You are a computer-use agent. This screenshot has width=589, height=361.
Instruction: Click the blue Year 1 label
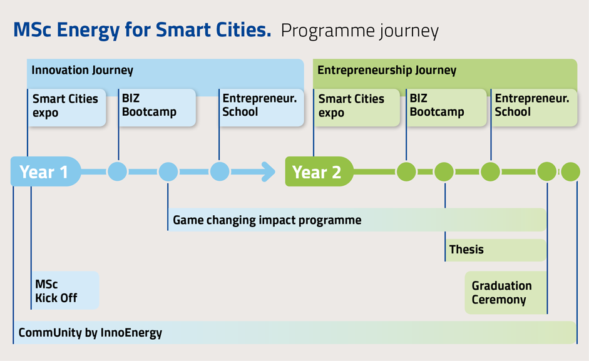click(x=46, y=171)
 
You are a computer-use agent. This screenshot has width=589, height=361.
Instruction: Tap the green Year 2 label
click(x=319, y=171)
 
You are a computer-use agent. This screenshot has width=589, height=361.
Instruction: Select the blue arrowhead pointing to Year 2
click(x=269, y=171)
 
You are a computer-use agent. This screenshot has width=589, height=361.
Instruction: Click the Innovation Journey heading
click(x=82, y=70)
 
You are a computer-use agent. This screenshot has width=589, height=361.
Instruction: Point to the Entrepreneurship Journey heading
click(x=387, y=70)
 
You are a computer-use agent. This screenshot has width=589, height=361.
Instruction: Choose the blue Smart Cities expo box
click(x=67, y=108)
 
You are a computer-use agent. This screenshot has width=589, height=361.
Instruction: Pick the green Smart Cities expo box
click(x=357, y=108)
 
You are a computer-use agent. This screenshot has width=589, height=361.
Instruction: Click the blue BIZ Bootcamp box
click(x=157, y=108)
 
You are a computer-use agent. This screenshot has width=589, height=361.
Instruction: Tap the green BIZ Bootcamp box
click(x=446, y=108)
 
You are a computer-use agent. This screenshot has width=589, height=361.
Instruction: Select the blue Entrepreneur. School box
click(x=262, y=108)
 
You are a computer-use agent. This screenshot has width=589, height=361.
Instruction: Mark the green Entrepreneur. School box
click(x=534, y=108)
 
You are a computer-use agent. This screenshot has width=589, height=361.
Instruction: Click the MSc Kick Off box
click(x=65, y=290)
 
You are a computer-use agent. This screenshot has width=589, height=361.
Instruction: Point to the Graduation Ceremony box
click(x=506, y=293)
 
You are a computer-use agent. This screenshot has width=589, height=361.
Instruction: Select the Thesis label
click(x=466, y=250)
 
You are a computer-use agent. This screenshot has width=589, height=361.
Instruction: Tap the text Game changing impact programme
click(x=267, y=220)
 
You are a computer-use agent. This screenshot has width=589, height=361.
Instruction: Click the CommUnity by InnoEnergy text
click(x=90, y=333)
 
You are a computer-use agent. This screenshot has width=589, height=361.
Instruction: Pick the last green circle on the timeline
click(x=571, y=171)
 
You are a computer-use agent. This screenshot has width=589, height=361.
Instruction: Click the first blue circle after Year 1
click(x=117, y=171)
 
